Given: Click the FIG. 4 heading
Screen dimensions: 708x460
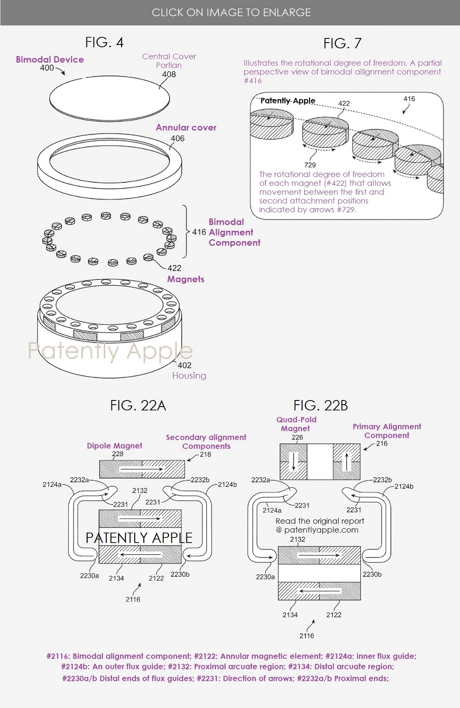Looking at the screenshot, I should coord(104,42).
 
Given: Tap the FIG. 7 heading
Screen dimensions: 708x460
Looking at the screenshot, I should coord(342,44).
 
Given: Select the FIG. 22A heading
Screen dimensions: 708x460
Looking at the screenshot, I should coord(138,406).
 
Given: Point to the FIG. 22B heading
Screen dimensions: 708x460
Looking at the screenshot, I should coord(321,406).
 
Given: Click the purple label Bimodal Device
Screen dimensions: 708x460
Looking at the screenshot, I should coord(50,59).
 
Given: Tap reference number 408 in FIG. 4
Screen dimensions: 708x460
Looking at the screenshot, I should coord(169,74).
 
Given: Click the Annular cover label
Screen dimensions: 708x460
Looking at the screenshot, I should coord(186,127).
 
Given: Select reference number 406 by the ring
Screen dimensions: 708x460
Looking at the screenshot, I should coord(177,138).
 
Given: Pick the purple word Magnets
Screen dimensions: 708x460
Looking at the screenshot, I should coord(185,279).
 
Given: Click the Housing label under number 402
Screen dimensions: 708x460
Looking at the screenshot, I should coord(189,375).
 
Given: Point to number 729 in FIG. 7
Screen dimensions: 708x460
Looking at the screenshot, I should coord(310,165).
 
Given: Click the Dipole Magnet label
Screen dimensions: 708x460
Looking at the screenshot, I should coord(114,445).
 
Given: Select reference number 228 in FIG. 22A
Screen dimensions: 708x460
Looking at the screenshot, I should coord(118,454).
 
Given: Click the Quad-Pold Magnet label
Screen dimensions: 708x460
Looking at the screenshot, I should coord(296,424).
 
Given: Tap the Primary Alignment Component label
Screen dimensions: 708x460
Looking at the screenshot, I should coord(386,431).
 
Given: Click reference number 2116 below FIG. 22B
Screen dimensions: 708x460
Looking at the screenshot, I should coord(306,635).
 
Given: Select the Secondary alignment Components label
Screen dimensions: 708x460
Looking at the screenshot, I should coord(206,441).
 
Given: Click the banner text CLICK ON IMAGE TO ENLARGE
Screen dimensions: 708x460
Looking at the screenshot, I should coord(231,12).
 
